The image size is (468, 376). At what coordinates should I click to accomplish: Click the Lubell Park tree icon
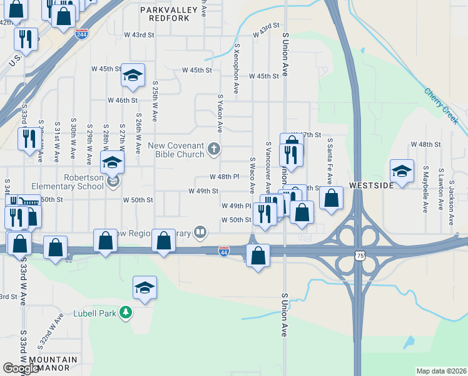[x=126, y=312]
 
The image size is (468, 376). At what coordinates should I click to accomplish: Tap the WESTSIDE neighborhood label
[x=371, y=185]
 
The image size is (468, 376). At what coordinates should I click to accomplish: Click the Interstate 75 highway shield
[x=359, y=256]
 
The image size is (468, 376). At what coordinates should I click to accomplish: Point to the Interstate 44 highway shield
[x=224, y=251]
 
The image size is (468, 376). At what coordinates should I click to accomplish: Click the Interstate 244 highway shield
[x=81, y=34]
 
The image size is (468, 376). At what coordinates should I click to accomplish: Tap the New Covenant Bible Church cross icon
[x=214, y=149]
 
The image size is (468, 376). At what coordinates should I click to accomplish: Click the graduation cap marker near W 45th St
[x=133, y=76]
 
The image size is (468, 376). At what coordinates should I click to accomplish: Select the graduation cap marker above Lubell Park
[x=145, y=288]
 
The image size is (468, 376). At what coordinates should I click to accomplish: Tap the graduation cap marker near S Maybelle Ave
[x=402, y=171]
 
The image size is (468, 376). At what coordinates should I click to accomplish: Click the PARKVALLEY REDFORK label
[x=165, y=14]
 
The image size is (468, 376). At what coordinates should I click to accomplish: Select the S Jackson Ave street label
[x=450, y=187]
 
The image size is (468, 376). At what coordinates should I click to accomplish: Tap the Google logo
[x=21, y=368]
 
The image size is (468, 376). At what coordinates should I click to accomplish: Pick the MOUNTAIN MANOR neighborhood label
[x=53, y=364]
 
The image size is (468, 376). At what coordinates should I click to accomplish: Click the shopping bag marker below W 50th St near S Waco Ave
[x=258, y=255]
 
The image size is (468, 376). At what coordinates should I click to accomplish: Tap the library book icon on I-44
[x=200, y=232]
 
